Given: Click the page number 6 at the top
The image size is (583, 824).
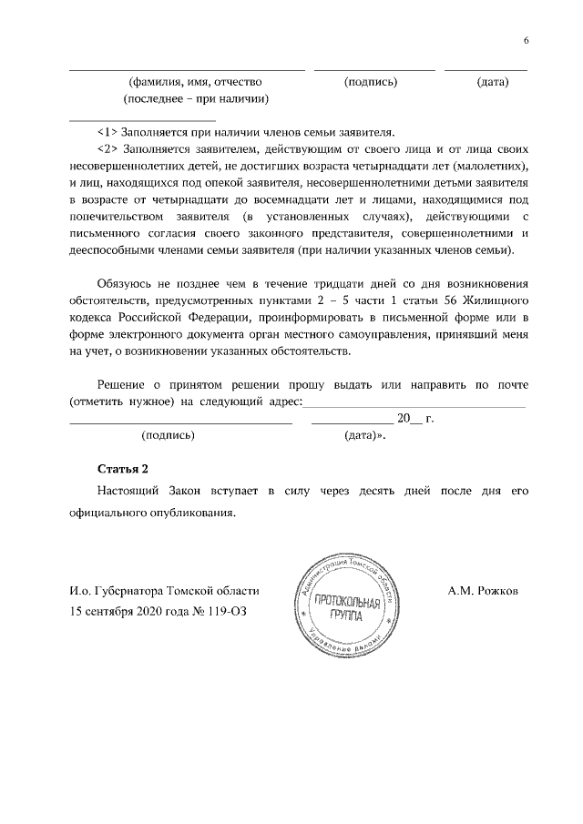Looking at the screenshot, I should [x=526, y=40].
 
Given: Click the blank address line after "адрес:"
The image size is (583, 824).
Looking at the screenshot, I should [x=414, y=402].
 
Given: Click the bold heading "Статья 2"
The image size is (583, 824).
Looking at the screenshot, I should [x=122, y=469].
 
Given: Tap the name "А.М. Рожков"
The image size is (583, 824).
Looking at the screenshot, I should [x=483, y=591].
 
